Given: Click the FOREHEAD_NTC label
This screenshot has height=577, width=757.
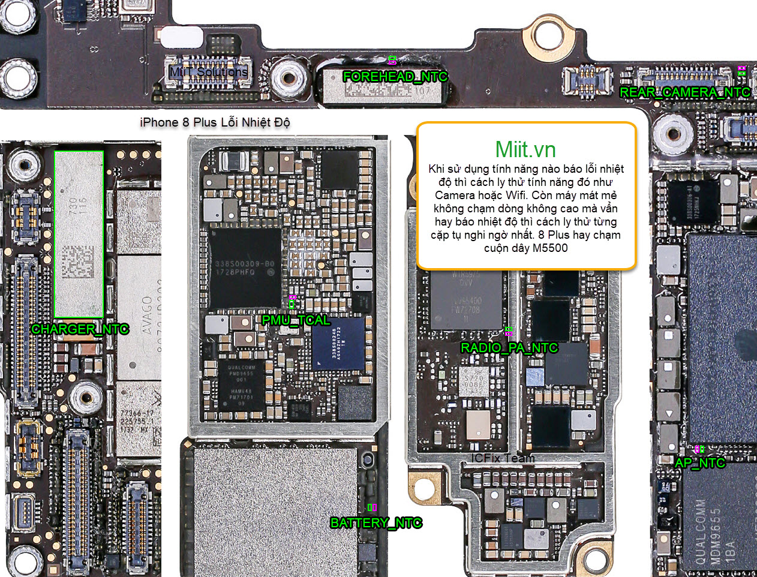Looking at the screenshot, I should (x=395, y=77).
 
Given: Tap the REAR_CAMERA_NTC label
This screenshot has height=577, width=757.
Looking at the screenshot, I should (x=684, y=92).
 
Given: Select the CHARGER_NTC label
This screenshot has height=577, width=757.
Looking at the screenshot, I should (x=80, y=329).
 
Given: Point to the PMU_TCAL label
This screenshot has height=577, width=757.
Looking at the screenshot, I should (x=296, y=320).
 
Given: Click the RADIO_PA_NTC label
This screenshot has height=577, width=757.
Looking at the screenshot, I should (x=509, y=348).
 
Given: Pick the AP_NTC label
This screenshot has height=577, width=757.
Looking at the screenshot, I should (x=699, y=463).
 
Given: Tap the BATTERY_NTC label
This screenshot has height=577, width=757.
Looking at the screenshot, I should (x=376, y=523).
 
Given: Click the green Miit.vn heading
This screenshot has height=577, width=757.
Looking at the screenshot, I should (x=525, y=149).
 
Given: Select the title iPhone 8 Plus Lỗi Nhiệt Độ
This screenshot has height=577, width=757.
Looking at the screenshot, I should (x=215, y=122).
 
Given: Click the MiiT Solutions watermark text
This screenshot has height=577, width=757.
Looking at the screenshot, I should (x=208, y=72).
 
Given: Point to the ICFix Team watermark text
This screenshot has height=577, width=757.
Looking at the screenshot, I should (x=503, y=458).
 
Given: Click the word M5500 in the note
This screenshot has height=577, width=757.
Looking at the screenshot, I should (x=550, y=248).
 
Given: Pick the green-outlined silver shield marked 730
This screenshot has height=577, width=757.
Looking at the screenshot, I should (x=79, y=234).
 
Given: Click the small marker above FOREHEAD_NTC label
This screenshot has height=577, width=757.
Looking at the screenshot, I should (x=392, y=60).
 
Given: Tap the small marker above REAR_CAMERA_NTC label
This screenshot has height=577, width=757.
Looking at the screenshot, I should (x=741, y=70).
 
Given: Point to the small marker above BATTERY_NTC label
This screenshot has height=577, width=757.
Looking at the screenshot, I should (x=372, y=507).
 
